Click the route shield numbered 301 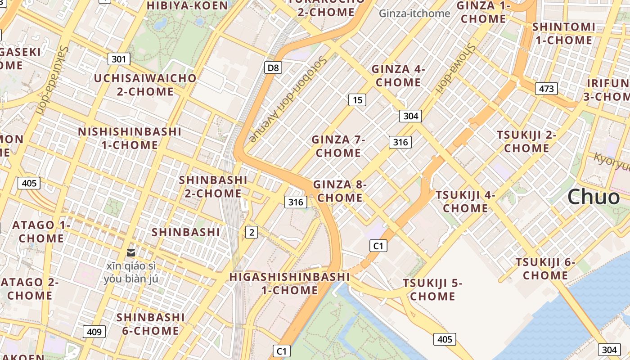119,59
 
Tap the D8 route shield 273,68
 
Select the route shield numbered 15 357,100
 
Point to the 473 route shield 546,89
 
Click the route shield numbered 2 252,232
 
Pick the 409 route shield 94,332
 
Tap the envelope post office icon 131,253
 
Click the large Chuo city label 593,197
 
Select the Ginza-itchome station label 414,13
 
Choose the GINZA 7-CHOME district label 338,146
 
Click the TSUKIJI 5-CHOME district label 432,289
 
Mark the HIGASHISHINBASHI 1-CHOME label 290,283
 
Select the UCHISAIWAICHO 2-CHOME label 145,85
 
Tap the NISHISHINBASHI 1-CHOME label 130,138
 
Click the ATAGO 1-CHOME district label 41,231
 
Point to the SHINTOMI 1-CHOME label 563,33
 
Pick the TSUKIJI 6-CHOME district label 545,268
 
